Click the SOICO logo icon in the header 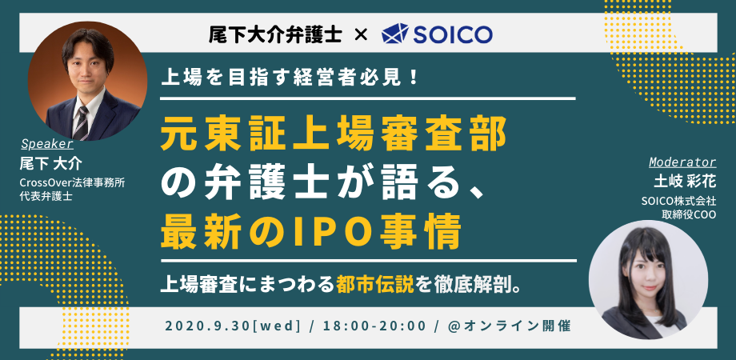[395, 34]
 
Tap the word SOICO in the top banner [453, 34]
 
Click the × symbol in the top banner [361, 34]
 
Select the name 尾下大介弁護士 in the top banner [275, 34]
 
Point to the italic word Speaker [47, 144]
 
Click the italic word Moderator [682, 162]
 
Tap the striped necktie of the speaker [82, 123]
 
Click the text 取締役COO [689, 215]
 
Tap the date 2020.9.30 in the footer [208, 326]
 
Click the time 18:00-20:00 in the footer [374, 326]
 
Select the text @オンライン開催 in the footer [510, 326]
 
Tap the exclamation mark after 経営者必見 [414, 78]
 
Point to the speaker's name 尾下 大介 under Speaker [50, 163]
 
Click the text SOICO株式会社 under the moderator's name [678, 201]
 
